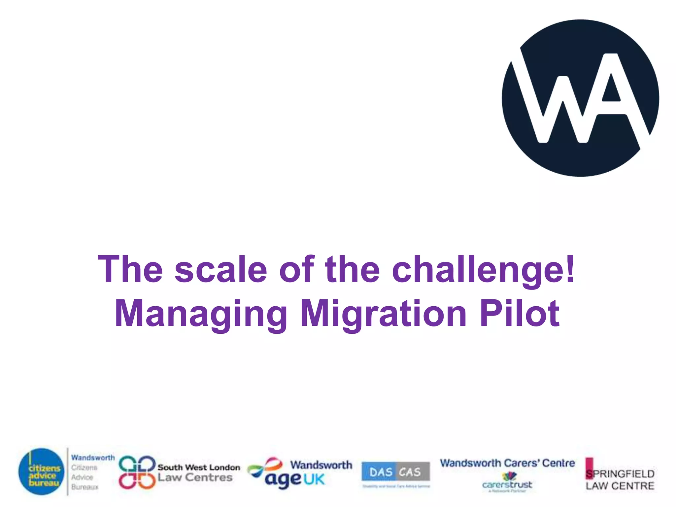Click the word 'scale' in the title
[x=220, y=269]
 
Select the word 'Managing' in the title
[x=201, y=314]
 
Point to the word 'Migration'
[x=383, y=314]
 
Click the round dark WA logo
[x=580, y=98]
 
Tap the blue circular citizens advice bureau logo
[x=41, y=471]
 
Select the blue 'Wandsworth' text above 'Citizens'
[x=93, y=458]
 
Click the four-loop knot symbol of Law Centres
[x=137, y=472]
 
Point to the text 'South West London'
[x=199, y=467]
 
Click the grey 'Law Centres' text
[x=195, y=478]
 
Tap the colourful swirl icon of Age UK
[x=265, y=466]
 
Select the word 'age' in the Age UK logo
[x=283, y=480]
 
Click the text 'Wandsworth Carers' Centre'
[x=507, y=463]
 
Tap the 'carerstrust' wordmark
[x=507, y=485]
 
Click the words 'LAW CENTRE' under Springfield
[x=620, y=486]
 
